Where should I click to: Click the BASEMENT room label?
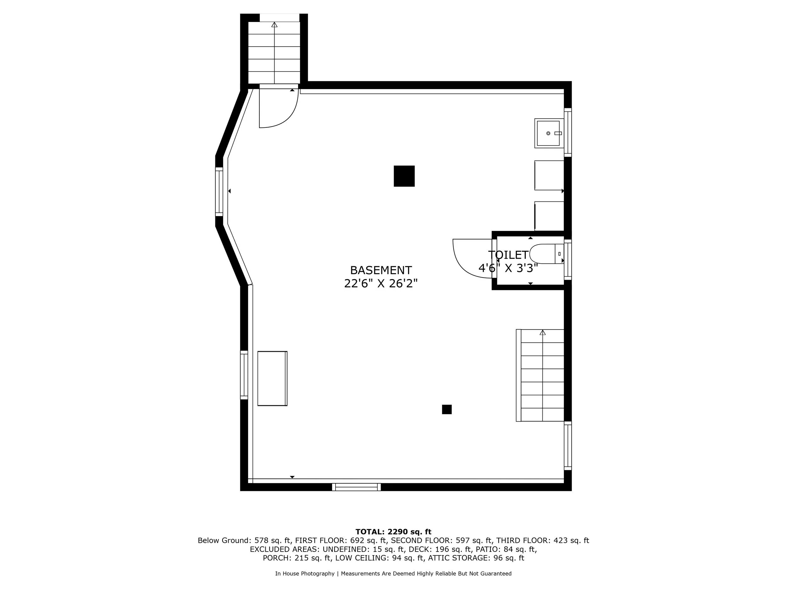(381, 270)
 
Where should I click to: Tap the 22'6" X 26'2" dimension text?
(381, 284)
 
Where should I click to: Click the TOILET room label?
(508, 255)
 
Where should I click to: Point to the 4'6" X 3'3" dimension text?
(508, 268)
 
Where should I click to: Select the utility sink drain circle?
(548, 133)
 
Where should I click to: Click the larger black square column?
(404, 176)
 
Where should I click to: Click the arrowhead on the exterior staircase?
(274, 25)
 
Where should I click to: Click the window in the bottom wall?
(356, 487)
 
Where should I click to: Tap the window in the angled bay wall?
(219, 191)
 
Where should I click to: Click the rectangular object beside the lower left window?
(272, 379)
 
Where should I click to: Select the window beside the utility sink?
(568, 132)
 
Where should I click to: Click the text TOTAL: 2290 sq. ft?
(393, 532)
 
